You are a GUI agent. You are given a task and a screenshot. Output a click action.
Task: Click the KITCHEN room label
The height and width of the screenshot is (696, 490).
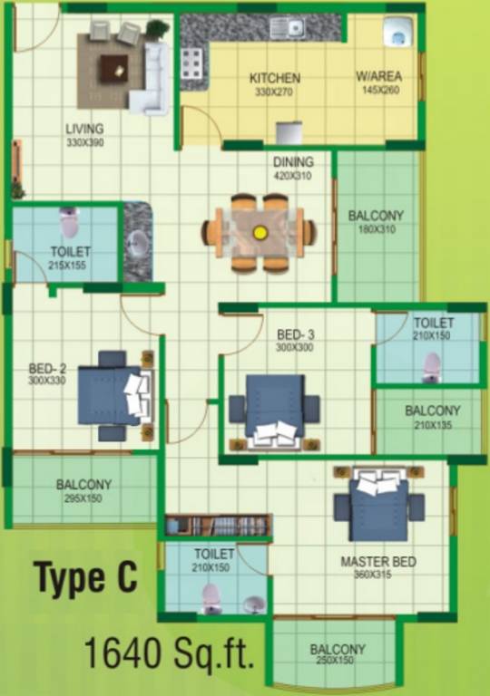(x=274, y=79)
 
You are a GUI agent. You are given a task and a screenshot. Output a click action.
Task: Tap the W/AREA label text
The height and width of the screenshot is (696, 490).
(x=378, y=78)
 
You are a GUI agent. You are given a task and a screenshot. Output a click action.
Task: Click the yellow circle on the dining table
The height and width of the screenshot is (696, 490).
(x=260, y=232)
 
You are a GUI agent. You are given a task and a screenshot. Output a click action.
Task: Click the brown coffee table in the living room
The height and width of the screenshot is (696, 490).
(x=113, y=66)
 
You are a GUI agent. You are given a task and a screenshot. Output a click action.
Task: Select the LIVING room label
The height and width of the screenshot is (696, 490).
(x=83, y=130)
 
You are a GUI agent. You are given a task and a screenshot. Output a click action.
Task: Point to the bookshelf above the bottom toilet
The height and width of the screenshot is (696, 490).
(x=218, y=526)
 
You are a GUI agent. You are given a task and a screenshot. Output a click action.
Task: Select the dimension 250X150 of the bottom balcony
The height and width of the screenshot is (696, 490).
(x=338, y=662)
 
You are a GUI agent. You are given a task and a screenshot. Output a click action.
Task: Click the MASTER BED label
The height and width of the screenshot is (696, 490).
(x=377, y=562)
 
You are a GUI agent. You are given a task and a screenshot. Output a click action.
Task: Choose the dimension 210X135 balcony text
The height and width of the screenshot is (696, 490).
(x=433, y=423)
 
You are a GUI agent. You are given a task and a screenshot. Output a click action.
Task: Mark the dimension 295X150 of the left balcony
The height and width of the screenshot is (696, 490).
(x=83, y=498)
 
